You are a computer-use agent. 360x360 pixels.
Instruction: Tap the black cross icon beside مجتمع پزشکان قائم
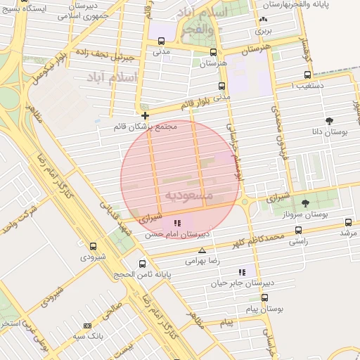(x=145, y=115)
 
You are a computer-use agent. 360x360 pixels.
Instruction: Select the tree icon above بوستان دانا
(x=330, y=121)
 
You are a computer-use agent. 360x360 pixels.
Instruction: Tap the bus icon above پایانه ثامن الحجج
(x=143, y=264)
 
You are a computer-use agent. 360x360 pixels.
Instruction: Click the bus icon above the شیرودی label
(x=94, y=246)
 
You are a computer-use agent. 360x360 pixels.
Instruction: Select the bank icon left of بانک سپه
(x=87, y=326)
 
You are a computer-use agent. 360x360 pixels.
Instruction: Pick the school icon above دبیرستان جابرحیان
(x=243, y=272)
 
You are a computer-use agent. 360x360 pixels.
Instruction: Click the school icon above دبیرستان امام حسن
(x=177, y=223)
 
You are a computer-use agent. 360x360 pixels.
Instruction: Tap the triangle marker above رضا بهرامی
(x=202, y=250)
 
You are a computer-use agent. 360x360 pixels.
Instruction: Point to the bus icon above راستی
(x=299, y=230)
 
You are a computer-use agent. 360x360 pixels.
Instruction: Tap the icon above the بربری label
(x=263, y=20)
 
